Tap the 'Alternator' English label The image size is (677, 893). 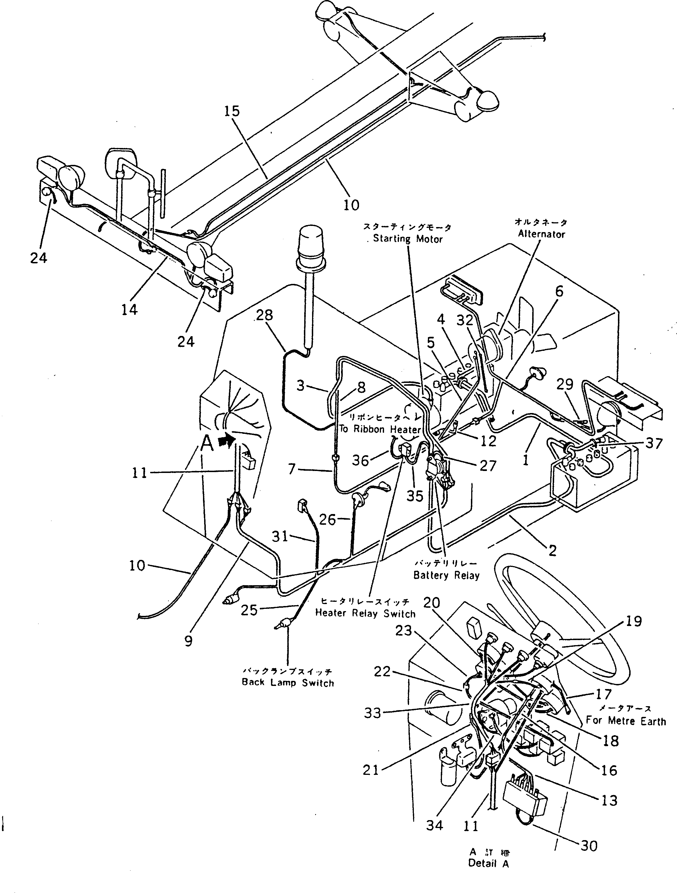pos(541,234)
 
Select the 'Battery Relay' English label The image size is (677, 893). pos(446,575)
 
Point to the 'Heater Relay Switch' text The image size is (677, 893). pos(365,614)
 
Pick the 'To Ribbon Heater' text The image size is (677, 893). pos(380,429)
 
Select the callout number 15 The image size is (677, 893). pos(232,111)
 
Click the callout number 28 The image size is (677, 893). pos(264,315)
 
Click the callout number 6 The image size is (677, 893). pos(559,291)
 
